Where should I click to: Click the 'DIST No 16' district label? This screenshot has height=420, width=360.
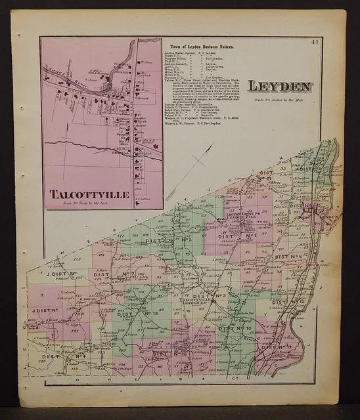[x=171, y=354]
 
